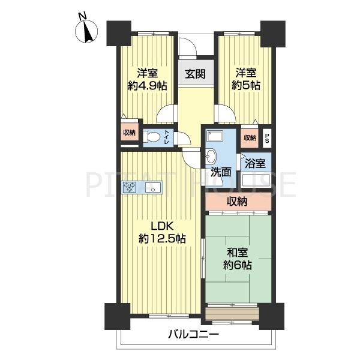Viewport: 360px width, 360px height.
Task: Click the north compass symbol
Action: [86, 31]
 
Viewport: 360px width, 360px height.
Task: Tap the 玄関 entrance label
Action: [195, 74]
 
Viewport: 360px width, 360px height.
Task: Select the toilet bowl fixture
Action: [151, 138]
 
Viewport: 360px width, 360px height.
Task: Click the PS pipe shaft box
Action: [267, 139]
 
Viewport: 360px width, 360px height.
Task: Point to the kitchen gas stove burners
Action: [129, 187]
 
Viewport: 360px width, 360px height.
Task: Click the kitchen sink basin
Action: [154, 187]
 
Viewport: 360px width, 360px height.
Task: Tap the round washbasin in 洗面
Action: [211, 157]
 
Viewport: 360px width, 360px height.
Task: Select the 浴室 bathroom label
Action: [256, 163]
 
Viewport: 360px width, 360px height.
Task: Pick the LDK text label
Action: [161, 227]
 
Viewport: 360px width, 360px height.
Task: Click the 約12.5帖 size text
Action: [162, 239]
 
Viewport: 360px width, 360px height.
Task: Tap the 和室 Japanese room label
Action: [238, 253]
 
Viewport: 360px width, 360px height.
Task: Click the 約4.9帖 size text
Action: [148, 86]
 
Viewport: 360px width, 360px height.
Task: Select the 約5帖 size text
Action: [246, 86]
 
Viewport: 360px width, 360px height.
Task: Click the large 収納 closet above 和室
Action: [238, 202]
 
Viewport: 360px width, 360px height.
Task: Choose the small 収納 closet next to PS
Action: [250, 138]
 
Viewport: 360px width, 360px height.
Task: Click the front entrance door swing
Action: [188, 46]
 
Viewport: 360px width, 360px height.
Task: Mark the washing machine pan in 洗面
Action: [214, 136]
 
